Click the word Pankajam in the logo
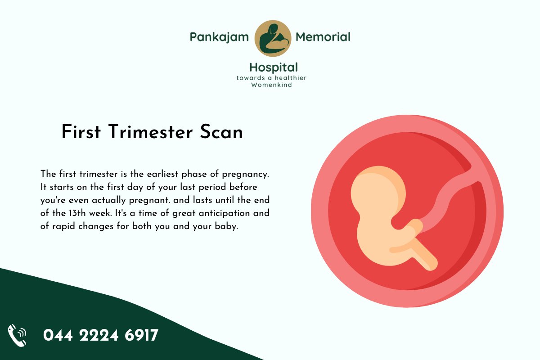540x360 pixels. [x=219, y=37]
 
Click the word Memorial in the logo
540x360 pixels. [x=323, y=37]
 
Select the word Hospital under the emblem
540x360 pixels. [x=274, y=68]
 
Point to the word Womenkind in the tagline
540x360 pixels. [x=272, y=85]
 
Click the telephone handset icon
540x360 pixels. [x=18, y=335]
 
